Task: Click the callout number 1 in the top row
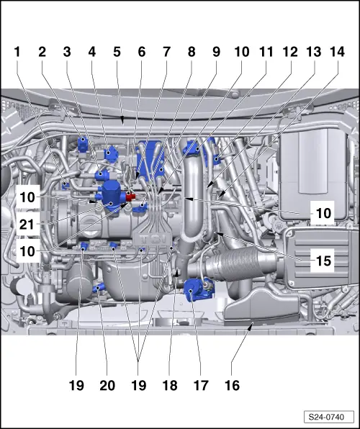point(17,52)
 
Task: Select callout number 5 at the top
point(117,52)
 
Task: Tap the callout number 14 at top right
point(337,52)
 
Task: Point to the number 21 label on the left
point(27,225)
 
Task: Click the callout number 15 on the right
point(323,261)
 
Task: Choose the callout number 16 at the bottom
point(232,386)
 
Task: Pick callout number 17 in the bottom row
point(201,386)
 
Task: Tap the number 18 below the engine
point(170,386)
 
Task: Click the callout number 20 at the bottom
point(107,386)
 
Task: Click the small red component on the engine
point(130,197)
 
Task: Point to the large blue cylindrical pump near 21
point(110,195)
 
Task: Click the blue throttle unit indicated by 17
point(195,289)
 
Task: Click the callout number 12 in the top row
point(290,52)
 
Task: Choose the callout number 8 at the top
point(192,52)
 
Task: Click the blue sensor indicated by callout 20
point(99,288)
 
